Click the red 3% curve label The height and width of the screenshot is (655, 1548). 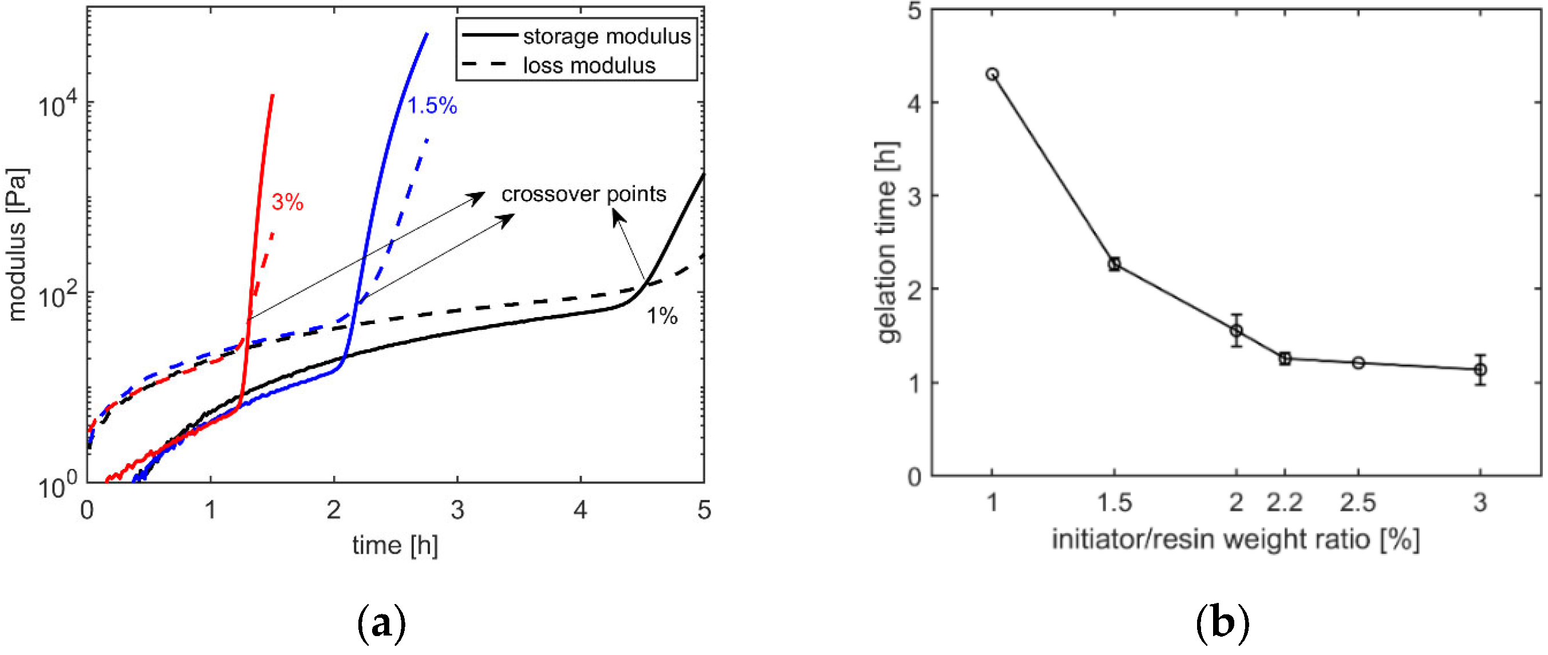pyautogui.click(x=287, y=203)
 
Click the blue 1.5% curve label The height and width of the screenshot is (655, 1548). pyautogui.click(x=432, y=106)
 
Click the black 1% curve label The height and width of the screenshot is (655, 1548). pyautogui.click(x=662, y=316)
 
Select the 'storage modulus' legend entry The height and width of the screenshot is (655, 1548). pyautogui.click(x=606, y=37)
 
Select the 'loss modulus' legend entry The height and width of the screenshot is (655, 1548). pyautogui.click(x=589, y=65)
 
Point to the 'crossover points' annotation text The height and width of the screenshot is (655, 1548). pyautogui.click(x=583, y=194)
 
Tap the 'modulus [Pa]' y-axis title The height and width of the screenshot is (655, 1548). pyautogui.click(x=17, y=245)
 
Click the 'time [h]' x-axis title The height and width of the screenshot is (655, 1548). pyautogui.click(x=395, y=546)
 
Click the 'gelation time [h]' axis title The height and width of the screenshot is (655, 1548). pyautogui.click(x=887, y=243)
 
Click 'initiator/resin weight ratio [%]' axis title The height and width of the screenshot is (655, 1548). pyautogui.click(x=1235, y=539)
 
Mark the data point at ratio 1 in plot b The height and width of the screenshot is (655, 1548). pyautogui.click(x=992, y=74)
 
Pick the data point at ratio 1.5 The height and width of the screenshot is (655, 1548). pyautogui.click(x=1114, y=264)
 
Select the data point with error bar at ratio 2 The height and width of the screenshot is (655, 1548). pyautogui.click(x=1235, y=330)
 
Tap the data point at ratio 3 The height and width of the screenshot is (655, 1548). pyautogui.click(x=1480, y=369)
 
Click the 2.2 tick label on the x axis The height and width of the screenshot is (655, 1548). pyautogui.click(x=1284, y=502)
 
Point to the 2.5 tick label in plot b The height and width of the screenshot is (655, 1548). pyautogui.click(x=1357, y=502)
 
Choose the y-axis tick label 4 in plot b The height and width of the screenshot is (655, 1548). pyautogui.click(x=914, y=104)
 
